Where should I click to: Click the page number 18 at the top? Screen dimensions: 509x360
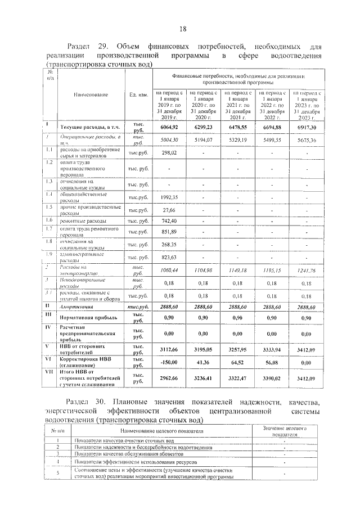pos(182,29)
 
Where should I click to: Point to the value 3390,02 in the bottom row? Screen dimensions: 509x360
pos(271,380)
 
